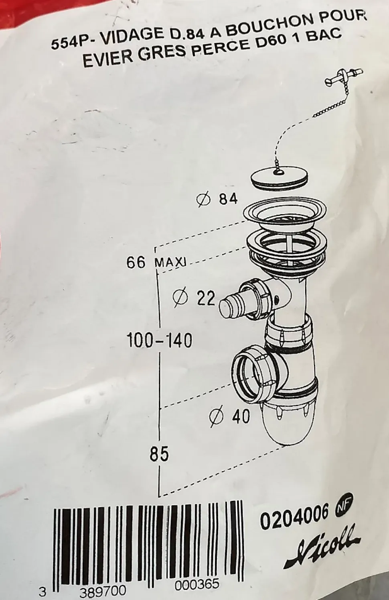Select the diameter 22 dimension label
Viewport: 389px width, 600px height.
[x=194, y=298]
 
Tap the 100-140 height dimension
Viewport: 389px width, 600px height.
[x=159, y=341]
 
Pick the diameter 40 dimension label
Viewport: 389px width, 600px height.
[x=230, y=416]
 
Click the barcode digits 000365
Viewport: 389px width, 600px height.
[x=197, y=584]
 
